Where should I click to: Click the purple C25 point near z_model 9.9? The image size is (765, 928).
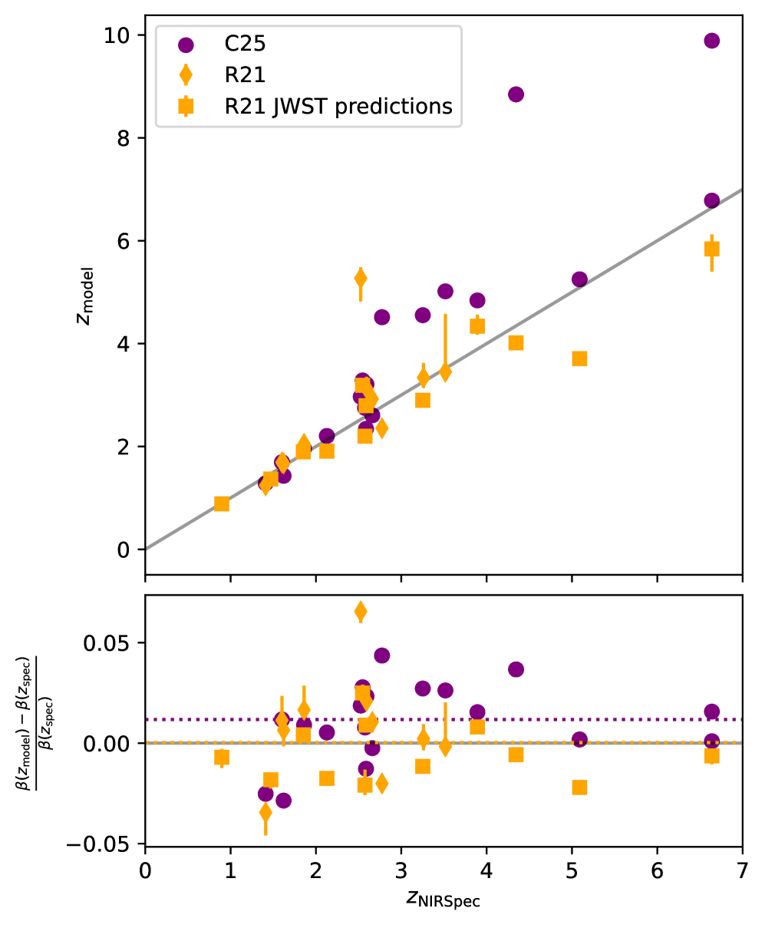(x=711, y=41)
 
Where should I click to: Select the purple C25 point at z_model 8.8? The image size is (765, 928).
(x=516, y=94)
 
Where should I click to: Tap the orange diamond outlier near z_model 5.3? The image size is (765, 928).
(x=361, y=278)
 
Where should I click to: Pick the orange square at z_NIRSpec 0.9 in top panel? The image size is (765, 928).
(x=222, y=504)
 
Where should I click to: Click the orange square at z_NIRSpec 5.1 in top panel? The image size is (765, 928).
(x=579, y=358)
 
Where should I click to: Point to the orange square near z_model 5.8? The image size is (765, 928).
(x=711, y=249)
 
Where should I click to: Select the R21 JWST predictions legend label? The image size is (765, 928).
(x=338, y=107)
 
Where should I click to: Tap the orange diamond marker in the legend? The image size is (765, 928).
(x=185, y=75)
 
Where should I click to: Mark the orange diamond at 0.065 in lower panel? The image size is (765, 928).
(x=361, y=611)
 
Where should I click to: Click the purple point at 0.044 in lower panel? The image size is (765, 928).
(x=381, y=656)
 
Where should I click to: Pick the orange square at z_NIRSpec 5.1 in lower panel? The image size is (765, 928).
(x=579, y=788)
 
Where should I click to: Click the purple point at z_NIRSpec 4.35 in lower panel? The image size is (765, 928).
(x=516, y=669)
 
